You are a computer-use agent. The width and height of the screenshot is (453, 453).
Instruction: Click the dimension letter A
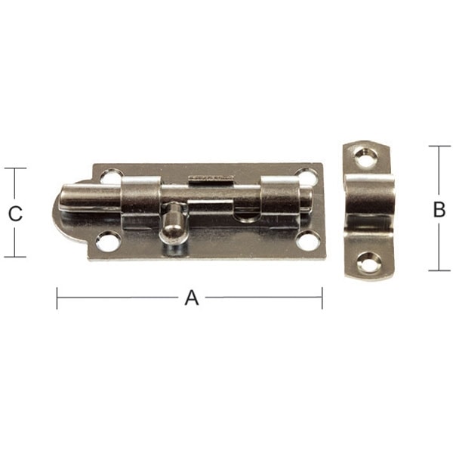point(191,297)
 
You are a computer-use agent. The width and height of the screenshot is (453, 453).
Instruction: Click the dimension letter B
point(439,210)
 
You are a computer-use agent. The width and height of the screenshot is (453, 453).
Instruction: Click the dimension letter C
point(14,214)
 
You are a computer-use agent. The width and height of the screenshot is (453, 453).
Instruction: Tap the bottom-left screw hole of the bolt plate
point(108,242)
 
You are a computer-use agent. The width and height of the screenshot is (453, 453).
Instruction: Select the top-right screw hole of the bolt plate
point(307,177)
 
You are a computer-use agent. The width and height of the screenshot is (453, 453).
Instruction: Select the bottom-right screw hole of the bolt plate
point(307,241)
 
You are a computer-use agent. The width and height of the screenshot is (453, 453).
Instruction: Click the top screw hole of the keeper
point(365,158)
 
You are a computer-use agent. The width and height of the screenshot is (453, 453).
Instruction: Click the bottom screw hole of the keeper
point(368,262)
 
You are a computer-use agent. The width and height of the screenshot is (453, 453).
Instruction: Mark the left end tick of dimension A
point(57,297)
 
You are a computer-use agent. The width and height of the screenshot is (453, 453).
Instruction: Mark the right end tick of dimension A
point(322,297)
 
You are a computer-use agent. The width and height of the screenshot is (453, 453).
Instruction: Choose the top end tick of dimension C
point(14,168)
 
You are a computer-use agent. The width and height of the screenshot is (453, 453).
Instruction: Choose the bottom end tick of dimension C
point(14,257)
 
